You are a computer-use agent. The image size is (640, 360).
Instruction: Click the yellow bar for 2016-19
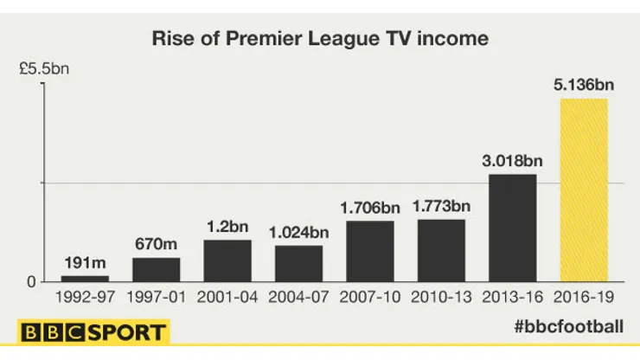pos(584,190)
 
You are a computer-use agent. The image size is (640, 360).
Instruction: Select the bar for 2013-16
pos(513,228)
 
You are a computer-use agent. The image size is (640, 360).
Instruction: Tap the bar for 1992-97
pos(85,279)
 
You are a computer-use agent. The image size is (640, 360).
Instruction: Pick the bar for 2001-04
pos(227,260)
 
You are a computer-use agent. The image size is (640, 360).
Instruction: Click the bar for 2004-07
pos(299,264)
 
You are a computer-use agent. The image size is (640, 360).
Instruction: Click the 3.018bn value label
pos(513,161)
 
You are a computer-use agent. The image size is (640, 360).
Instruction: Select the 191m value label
pos(85,263)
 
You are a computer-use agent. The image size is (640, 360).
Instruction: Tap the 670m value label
pos(157,245)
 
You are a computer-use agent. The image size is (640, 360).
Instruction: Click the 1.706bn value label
pos(370,208)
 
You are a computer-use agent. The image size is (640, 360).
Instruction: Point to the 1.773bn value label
pos(441,206)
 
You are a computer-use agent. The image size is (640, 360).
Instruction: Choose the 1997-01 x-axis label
pos(157,297)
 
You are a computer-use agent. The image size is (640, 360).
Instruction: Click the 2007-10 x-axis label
pos(370,297)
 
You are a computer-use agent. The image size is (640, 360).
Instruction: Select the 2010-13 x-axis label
pos(441,297)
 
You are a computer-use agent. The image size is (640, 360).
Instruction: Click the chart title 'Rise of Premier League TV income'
pos(320,39)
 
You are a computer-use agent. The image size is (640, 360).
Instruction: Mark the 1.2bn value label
pos(227,227)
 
